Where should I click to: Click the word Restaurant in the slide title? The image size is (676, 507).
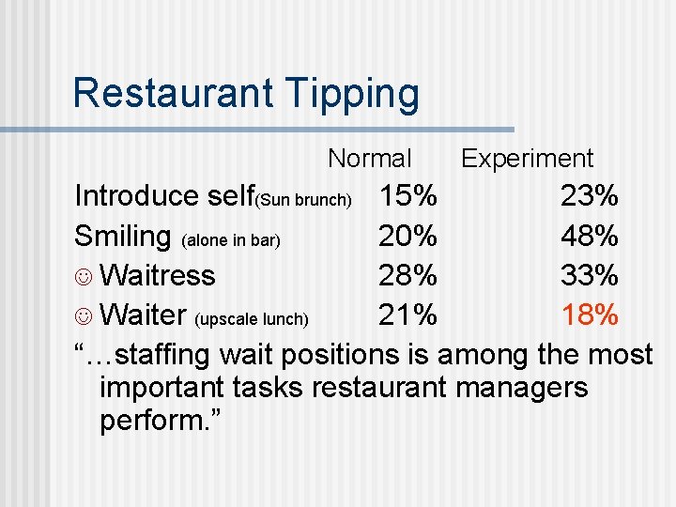coord(170,93)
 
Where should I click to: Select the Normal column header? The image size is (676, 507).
coord(370,159)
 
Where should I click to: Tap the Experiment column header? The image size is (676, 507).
coord(527,159)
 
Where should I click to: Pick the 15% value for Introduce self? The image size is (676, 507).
coord(407,196)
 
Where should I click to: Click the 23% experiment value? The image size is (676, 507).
coord(589,196)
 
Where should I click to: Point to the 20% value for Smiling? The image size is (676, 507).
coord(407,236)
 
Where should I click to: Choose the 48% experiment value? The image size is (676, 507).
coord(589,236)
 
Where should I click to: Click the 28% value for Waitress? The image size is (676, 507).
coord(407,276)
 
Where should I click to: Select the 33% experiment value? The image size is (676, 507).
coord(589,276)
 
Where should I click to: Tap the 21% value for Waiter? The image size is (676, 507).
coord(407,315)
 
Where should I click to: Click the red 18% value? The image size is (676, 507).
coord(589,315)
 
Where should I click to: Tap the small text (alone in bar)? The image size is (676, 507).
coord(231,240)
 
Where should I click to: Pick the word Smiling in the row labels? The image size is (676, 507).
coord(122,237)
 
